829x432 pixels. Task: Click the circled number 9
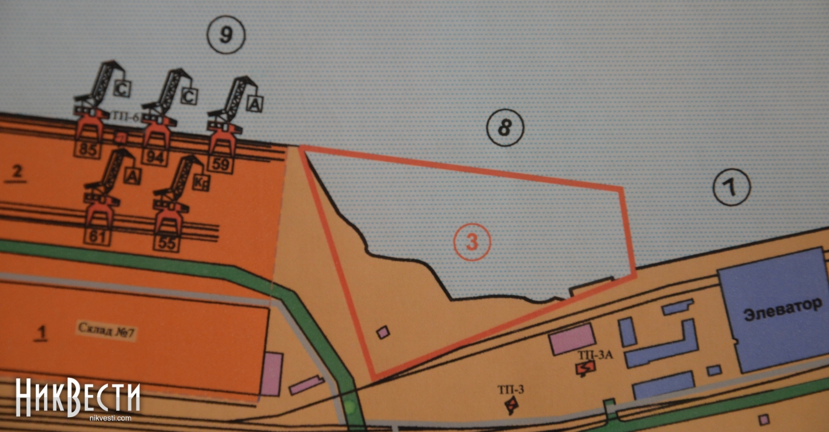click(x=225, y=35)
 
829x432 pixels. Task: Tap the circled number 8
click(x=505, y=128)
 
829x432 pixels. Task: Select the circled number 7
click(x=732, y=187)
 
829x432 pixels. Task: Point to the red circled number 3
click(x=472, y=243)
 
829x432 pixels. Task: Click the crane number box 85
click(x=88, y=149)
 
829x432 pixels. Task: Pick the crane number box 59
click(x=221, y=164)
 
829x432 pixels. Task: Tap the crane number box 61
click(x=97, y=237)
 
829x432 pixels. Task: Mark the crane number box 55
click(x=167, y=244)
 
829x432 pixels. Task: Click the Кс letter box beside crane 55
click(x=201, y=183)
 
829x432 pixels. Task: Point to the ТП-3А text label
click(x=595, y=355)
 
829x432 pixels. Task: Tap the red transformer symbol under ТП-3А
click(x=585, y=368)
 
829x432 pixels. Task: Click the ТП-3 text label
click(x=511, y=390)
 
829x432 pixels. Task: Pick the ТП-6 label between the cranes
click(x=125, y=117)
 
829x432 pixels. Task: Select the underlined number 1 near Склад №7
click(x=41, y=333)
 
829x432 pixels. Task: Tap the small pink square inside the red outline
click(x=383, y=332)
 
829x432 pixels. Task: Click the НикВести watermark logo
click(x=78, y=398)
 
